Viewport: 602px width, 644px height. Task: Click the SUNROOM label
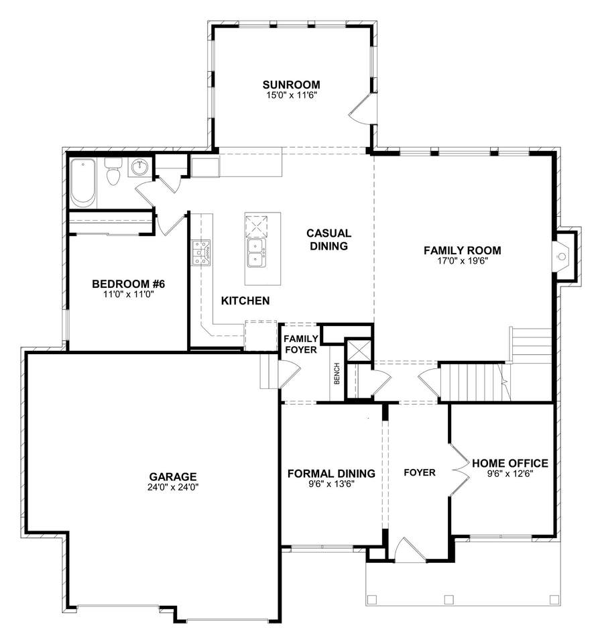pos(292,85)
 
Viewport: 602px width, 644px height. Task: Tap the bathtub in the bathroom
pos(83,182)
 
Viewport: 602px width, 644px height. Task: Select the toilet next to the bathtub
pos(113,172)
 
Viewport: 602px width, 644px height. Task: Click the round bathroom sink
pos(140,167)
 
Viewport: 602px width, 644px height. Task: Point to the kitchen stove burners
pos(202,253)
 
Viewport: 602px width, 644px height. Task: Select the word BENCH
pos(337,374)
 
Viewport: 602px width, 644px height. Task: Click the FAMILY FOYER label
pos(301,344)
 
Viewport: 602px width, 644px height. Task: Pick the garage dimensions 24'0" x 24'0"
pos(173,488)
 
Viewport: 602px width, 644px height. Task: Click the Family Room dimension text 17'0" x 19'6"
pos(463,261)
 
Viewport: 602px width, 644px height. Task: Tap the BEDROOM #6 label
pos(129,284)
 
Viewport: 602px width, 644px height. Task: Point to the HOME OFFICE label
pos(510,464)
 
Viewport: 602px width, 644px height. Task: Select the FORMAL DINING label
pos(332,474)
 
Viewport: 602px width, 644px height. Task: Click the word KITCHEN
pos(245,301)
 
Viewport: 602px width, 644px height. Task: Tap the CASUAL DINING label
pos(328,239)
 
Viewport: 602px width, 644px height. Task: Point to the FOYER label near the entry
pos(420,473)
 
